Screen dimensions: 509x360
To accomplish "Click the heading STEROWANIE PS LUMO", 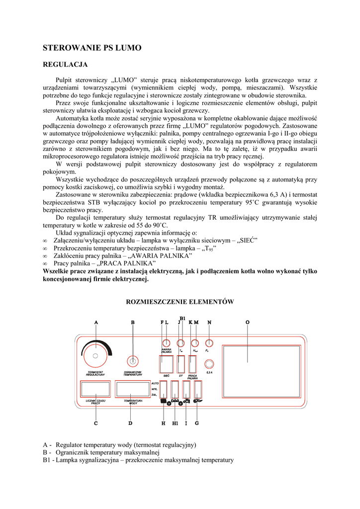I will [92, 48].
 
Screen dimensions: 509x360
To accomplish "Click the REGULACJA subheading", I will [65, 65].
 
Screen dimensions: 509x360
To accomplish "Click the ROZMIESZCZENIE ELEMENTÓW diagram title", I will [180, 302].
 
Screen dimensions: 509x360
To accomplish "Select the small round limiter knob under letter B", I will [132, 360].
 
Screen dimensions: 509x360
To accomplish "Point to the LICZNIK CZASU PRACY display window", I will [95, 389].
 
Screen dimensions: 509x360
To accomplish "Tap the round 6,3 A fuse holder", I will [209, 364].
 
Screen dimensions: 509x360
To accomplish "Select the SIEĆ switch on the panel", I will [167, 364].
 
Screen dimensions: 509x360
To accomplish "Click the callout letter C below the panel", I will [95, 424].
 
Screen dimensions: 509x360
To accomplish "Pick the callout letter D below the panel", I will [130, 424].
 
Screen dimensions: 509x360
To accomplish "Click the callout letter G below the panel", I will [197, 424].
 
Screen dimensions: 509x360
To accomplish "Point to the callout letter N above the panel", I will [209, 322].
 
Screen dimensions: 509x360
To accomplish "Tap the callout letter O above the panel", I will [248, 322].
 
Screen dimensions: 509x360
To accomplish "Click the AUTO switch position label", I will [154, 383].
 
